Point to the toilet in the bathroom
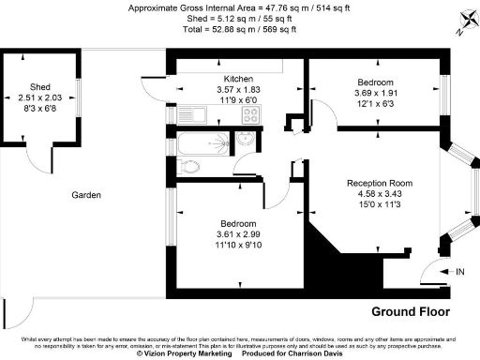pos(188,168)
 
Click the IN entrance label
pos(459,272)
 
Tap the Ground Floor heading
pos(411,310)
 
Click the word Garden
pos(87,196)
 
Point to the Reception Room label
pos(379,183)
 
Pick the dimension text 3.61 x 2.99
pos(235,234)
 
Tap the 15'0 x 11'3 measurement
pos(379,205)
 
